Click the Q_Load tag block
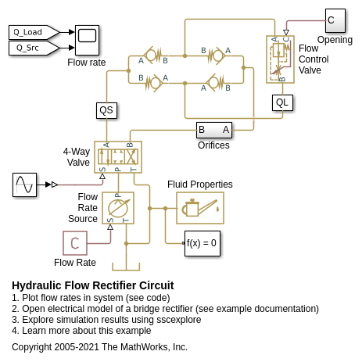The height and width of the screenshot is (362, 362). tap(34, 32)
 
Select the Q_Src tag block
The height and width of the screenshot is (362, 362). tap(34, 48)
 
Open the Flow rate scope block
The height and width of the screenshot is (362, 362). tap(87, 40)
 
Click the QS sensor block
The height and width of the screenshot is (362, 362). tap(106, 110)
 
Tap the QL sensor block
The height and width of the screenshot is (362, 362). tap(282, 102)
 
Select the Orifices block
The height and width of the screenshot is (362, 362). tap(214, 130)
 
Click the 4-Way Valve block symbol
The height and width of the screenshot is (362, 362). tap(118, 157)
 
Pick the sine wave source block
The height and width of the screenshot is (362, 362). tap(24, 185)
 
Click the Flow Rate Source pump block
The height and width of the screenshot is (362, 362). tap(118, 208)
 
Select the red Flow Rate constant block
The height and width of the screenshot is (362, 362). tap(75, 243)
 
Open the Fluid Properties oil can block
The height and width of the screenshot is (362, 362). tap(200, 208)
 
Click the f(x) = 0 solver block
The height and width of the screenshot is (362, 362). tap(203, 243)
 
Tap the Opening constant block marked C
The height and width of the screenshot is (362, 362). tap(335, 20)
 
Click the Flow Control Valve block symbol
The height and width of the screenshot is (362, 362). tap(281, 59)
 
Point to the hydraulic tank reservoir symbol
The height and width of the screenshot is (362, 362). tap(126, 267)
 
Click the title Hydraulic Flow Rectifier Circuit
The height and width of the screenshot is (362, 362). tap(93, 285)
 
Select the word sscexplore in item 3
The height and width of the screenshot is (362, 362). tap(179, 320)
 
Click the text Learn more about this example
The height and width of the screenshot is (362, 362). tap(87, 331)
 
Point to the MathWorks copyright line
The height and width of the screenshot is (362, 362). tap(99, 347)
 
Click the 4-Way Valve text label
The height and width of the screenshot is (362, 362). tap(77, 157)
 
